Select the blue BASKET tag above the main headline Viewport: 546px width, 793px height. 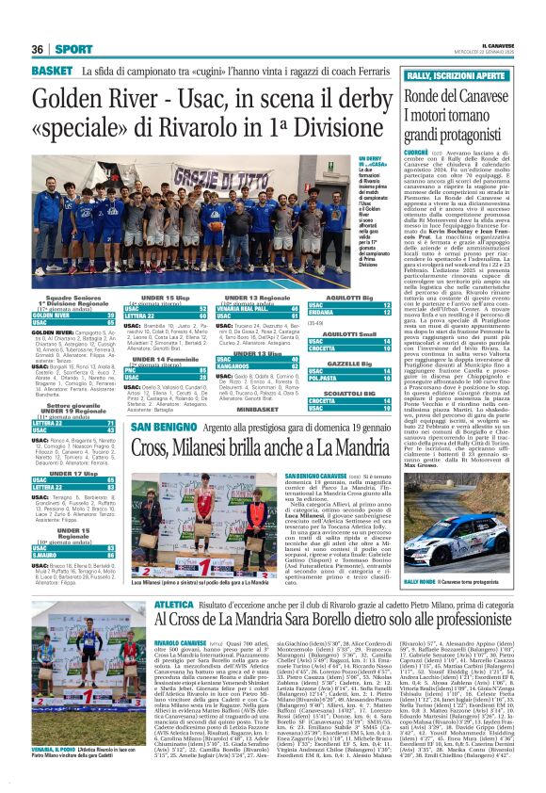(x=52, y=71)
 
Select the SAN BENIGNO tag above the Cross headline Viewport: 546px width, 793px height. (x=157, y=401)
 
